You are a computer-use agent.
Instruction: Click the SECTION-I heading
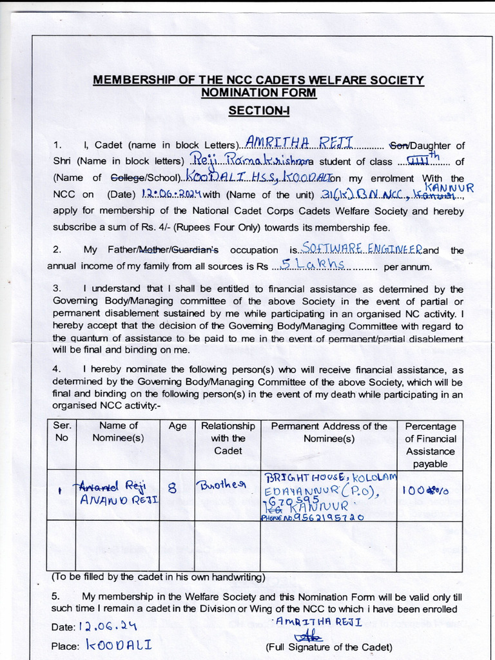click(259, 111)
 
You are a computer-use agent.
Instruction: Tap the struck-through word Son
click(399, 146)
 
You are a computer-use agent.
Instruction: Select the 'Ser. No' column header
click(62, 432)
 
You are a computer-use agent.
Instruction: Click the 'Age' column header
click(177, 426)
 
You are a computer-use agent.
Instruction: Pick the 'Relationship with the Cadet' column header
click(228, 438)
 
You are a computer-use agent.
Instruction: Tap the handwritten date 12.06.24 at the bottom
click(108, 626)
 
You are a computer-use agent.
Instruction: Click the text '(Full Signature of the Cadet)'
click(328, 647)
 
